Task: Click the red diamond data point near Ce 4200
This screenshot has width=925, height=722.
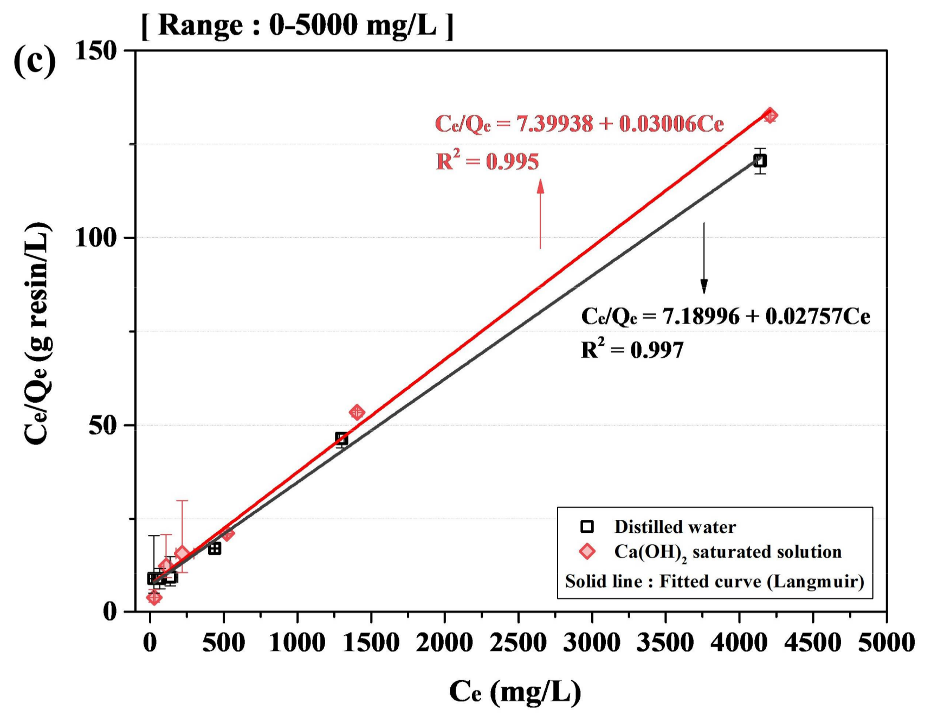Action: point(770,115)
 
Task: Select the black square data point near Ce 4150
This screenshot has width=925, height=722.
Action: point(760,160)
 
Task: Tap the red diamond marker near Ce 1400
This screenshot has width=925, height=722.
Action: point(357,412)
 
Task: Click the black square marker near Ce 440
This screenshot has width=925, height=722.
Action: point(215,549)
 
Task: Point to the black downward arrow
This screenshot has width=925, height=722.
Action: point(704,258)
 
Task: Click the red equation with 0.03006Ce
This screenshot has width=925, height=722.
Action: point(579,124)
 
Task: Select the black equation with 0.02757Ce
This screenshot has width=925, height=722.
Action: point(725,316)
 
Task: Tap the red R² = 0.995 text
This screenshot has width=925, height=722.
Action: point(487,161)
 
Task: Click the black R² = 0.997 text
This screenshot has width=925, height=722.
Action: point(632,349)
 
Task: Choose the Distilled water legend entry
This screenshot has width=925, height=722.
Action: point(675,526)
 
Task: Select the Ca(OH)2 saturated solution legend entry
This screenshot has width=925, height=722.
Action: point(727,552)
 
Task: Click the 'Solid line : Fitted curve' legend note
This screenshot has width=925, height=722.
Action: point(714,581)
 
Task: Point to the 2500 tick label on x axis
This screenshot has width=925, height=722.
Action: point(518,643)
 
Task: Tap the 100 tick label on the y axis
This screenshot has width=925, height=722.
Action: point(96,237)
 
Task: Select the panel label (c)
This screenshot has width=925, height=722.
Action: point(34,61)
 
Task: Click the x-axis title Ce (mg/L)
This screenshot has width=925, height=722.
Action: point(515,692)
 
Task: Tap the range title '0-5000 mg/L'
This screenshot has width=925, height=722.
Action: point(297,25)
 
